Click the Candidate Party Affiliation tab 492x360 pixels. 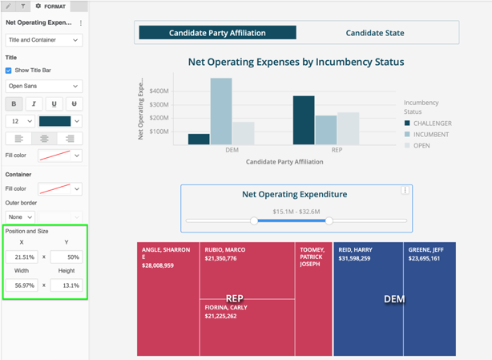point(217,33)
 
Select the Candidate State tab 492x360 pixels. point(374,33)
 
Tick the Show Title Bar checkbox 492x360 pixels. point(9,71)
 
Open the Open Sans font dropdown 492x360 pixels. point(43,86)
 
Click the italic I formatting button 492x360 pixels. point(34,103)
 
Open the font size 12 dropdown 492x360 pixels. point(20,121)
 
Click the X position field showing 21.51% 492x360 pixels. point(22,257)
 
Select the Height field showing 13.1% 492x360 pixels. point(67,285)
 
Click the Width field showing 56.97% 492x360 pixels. point(22,285)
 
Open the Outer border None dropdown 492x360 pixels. point(20,216)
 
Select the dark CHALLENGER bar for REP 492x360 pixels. point(304,120)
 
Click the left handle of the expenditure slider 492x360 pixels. point(254,220)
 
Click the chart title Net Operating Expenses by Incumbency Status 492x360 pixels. point(296,62)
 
